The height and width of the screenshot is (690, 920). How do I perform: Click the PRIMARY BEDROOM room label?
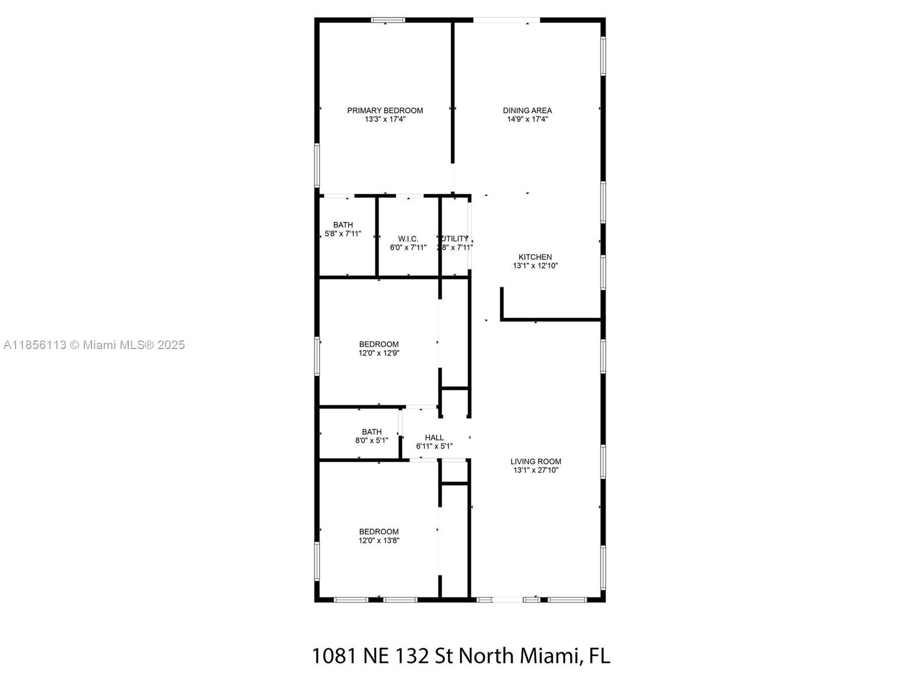[x=385, y=110]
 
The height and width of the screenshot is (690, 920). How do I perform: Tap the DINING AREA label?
[x=527, y=110]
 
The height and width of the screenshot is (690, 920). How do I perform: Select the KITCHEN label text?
[x=535, y=257]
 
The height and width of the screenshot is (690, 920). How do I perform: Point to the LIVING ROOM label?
[x=536, y=461]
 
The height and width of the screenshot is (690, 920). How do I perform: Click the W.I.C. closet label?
[x=408, y=239]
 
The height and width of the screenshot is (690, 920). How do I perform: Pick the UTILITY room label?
[x=455, y=239]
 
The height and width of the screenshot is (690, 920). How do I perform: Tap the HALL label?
[x=434, y=438]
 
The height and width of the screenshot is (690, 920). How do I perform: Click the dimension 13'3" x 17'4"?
[x=385, y=120]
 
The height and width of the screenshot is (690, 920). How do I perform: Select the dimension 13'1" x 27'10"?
[x=536, y=470]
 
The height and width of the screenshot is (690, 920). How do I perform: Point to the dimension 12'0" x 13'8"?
[x=379, y=540]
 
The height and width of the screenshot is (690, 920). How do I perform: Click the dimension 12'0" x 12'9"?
[x=379, y=353]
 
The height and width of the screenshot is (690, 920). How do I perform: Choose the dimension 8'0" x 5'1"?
[x=371, y=441]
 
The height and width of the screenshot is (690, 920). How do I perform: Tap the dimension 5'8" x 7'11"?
[x=343, y=234]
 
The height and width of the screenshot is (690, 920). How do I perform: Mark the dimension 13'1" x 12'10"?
[x=535, y=266]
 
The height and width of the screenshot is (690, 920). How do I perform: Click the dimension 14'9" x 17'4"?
[x=527, y=120]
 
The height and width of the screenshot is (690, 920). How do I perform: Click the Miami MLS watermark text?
[x=94, y=345]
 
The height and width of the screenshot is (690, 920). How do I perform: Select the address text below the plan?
[x=461, y=655]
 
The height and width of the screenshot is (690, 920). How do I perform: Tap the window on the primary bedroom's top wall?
[x=388, y=20]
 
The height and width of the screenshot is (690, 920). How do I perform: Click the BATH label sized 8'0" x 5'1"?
[x=371, y=432]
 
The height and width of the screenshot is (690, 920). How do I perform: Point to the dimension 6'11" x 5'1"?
[x=434, y=446]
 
